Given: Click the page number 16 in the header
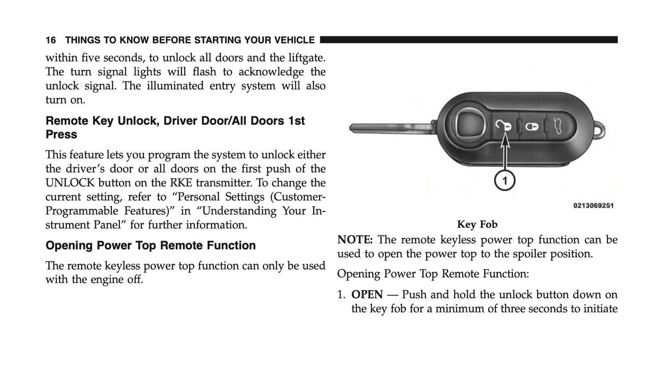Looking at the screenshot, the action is [50, 40].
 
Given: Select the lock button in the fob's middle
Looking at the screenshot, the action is [532, 126].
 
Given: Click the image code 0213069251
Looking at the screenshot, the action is [593, 206].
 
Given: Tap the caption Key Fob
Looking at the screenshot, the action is [477, 225].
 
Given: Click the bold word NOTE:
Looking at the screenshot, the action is [355, 240].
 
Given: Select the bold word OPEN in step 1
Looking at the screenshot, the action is [367, 295].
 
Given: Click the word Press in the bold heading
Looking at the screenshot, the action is [61, 135].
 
